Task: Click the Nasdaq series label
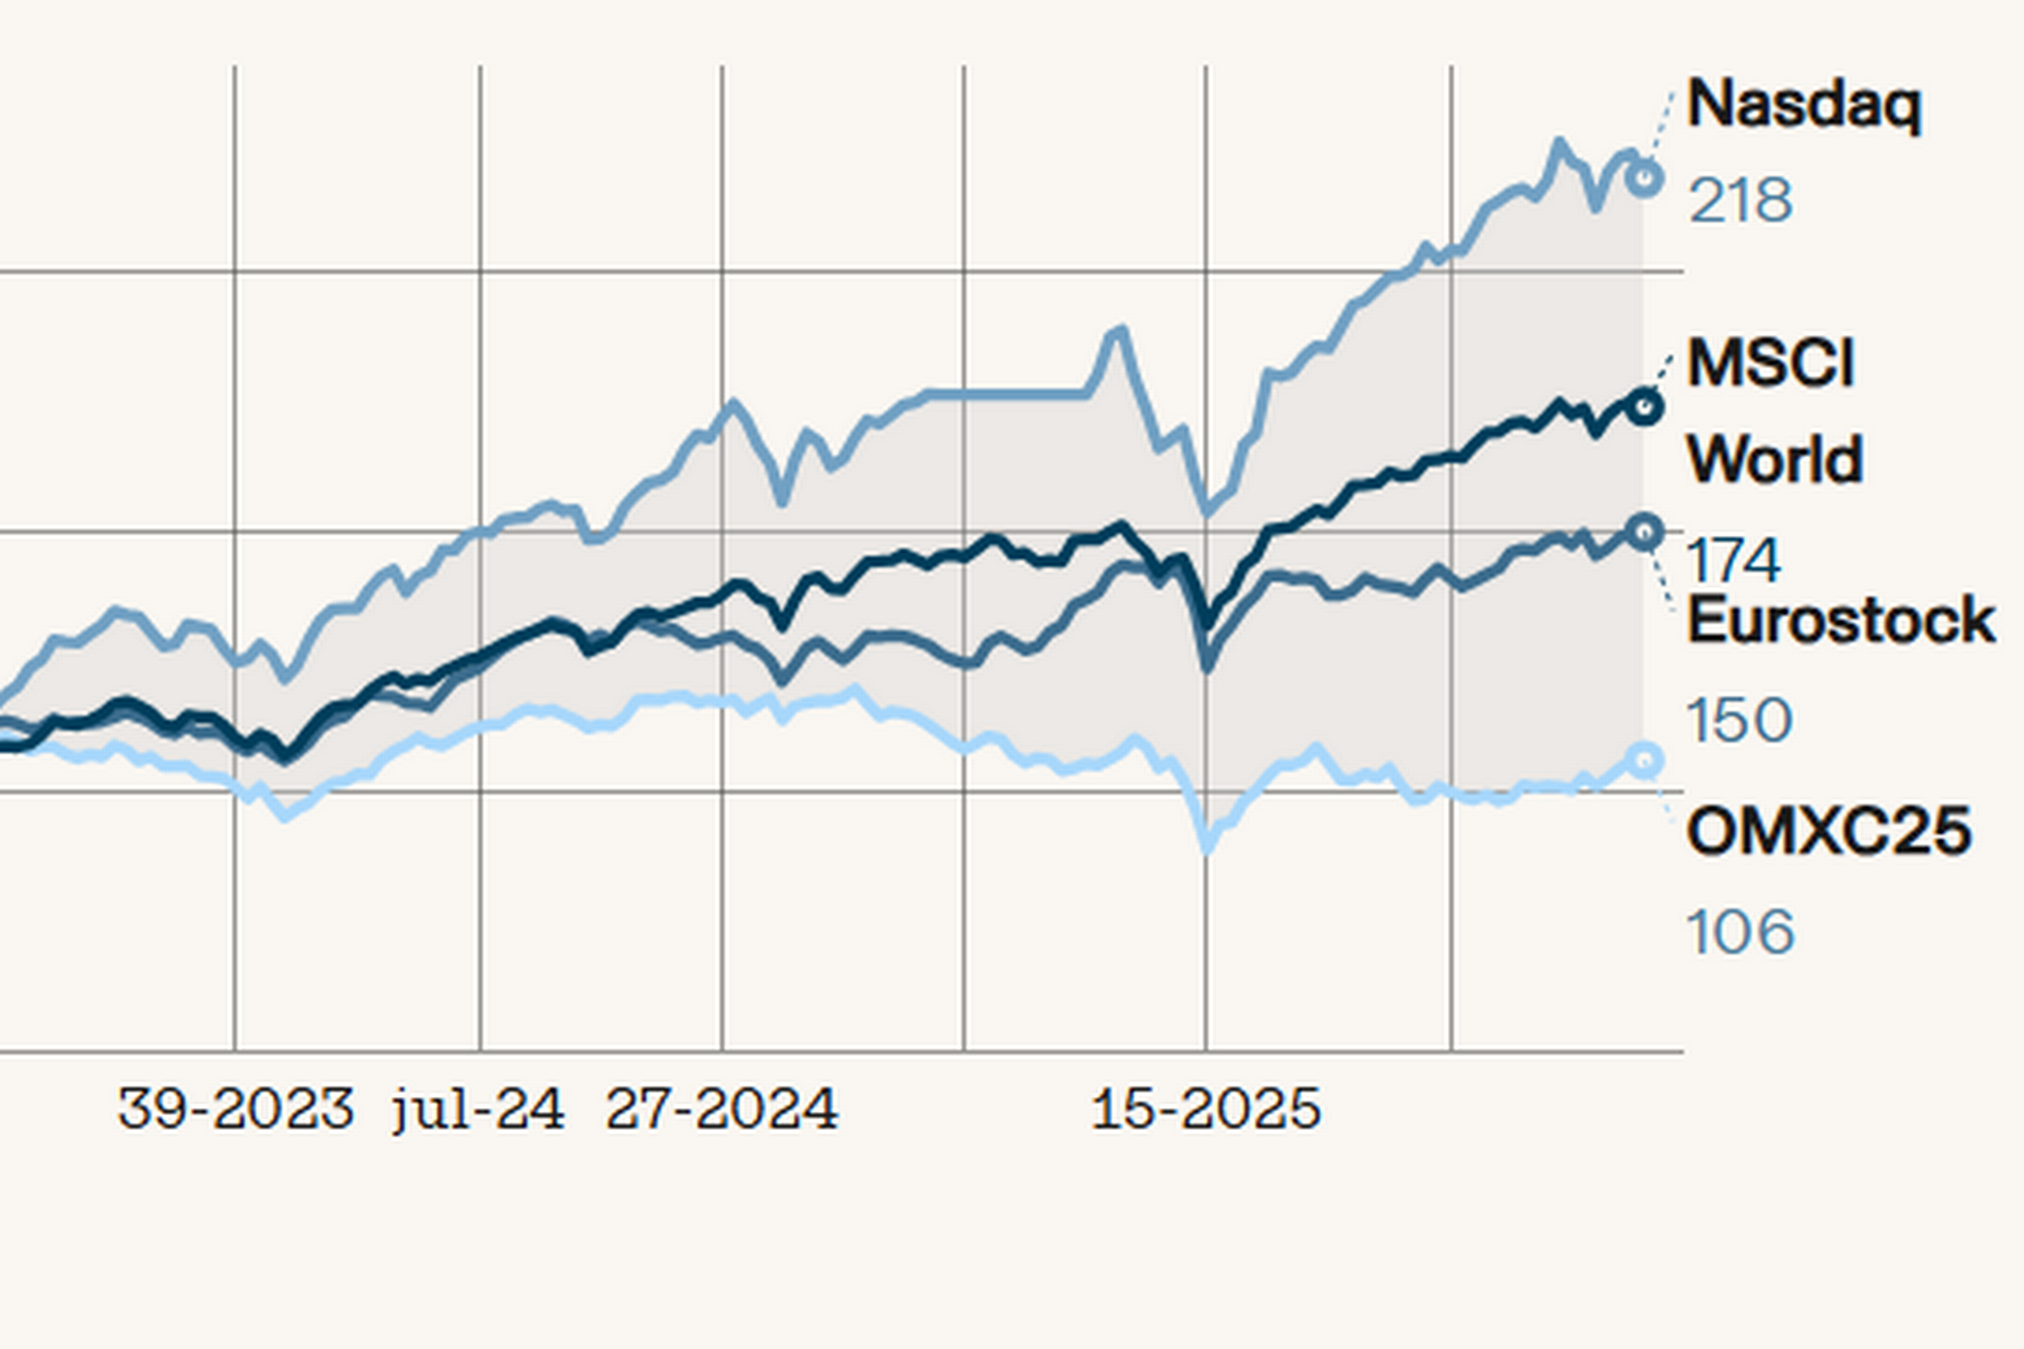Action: [1803, 106]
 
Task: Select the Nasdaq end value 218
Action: [1740, 202]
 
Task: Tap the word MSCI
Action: [1770, 364]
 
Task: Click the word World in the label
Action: [1774, 460]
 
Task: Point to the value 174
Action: [1732, 561]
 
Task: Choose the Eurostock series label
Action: [1840, 621]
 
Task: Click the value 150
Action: [1739, 720]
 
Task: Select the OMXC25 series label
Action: [1829, 832]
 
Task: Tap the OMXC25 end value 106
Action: [1739, 932]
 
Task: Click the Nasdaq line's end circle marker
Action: [1644, 178]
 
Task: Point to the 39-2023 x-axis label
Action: [235, 1109]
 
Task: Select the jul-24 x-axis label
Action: [478, 1109]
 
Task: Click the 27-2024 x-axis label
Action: [721, 1109]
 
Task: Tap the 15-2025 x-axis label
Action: [1206, 1109]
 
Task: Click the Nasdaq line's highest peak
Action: [1558, 143]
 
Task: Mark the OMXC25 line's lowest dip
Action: [1206, 848]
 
